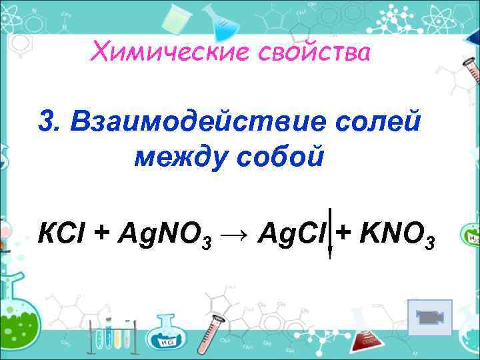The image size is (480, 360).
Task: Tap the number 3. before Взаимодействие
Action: [x=51, y=122]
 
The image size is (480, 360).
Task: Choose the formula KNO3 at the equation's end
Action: [x=398, y=235]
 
